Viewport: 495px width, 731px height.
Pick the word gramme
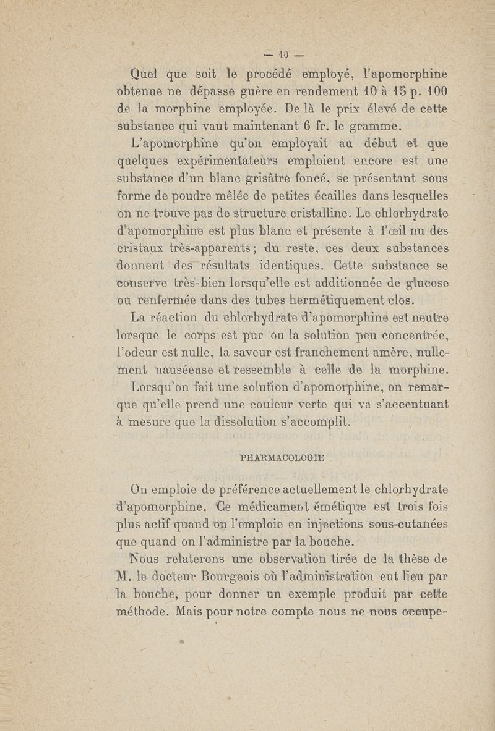376,127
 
